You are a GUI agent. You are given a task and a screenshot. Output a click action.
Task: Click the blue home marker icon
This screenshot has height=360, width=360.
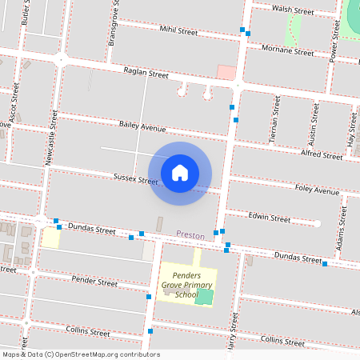[180, 172]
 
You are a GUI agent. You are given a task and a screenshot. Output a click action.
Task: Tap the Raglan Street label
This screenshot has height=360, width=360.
[146, 74]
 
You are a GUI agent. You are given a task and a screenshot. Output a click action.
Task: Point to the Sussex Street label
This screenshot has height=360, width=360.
[135, 179]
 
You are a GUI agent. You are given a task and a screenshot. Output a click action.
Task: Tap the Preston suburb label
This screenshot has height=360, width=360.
[190, 235]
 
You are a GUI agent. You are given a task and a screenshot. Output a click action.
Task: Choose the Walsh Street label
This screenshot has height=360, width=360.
[292, 10]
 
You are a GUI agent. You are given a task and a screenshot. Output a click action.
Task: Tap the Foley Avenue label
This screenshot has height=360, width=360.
[317, 191]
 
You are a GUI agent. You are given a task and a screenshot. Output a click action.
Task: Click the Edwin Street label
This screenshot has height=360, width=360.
[269, 218]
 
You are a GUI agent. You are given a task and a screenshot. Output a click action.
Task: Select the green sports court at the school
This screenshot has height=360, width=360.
[205, 297]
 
